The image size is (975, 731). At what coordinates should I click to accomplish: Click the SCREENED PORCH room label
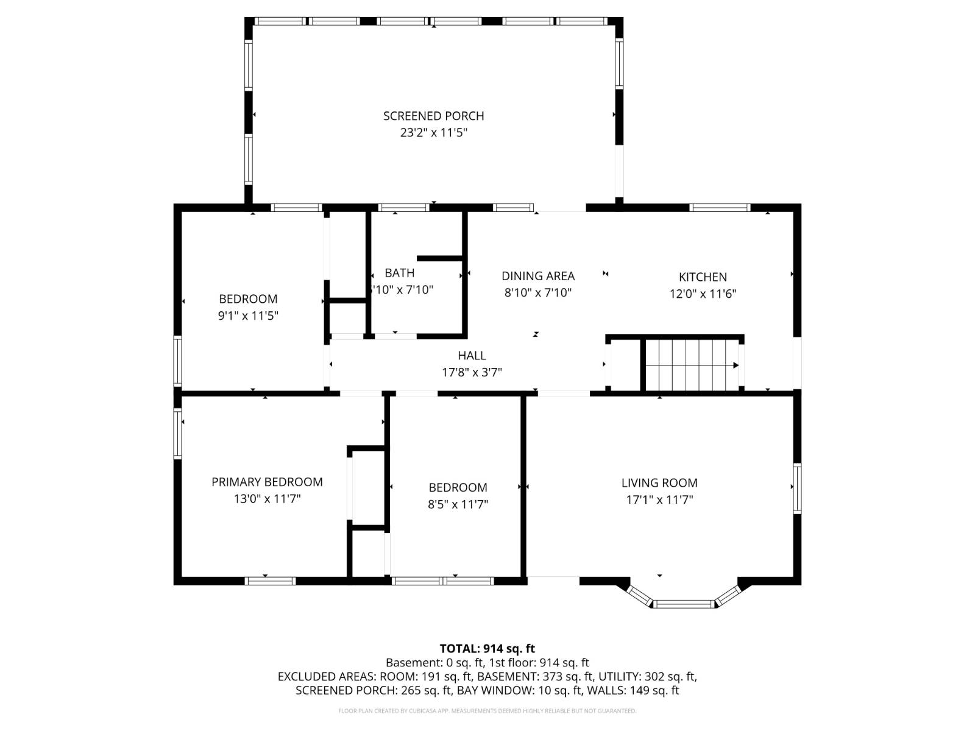point(433,116)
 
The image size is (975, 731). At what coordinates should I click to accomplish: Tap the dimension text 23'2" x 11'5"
point(433,133)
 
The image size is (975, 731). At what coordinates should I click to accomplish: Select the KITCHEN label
point(703,277)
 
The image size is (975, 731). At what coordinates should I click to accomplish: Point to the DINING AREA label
point(537,276)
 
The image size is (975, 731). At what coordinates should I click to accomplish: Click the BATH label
point(399,273)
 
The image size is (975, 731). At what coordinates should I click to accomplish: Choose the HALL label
point(472,355)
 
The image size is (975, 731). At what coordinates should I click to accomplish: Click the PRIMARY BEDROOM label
point(267,482)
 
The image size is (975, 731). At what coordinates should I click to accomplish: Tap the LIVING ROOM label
point(659,483)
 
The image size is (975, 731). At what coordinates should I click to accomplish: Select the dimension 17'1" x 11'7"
point(659,500)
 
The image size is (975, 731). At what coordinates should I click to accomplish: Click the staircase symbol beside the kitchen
point(692,365)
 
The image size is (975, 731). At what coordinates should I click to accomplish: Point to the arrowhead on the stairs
point(736,365)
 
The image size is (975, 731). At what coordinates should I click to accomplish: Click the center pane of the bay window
point(683,604)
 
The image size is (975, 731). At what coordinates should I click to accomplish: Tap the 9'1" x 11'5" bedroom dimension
point(248,316)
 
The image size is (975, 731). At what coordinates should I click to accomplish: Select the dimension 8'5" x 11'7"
point(458,504)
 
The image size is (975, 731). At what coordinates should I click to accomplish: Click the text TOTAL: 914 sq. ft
point(487,649)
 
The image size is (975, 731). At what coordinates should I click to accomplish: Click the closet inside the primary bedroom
point(368,486)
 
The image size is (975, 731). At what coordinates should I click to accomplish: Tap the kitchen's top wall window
point(720,208)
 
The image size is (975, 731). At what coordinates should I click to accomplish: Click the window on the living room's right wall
point(796,488)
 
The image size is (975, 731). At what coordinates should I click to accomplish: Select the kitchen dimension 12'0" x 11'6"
point(703,294)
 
